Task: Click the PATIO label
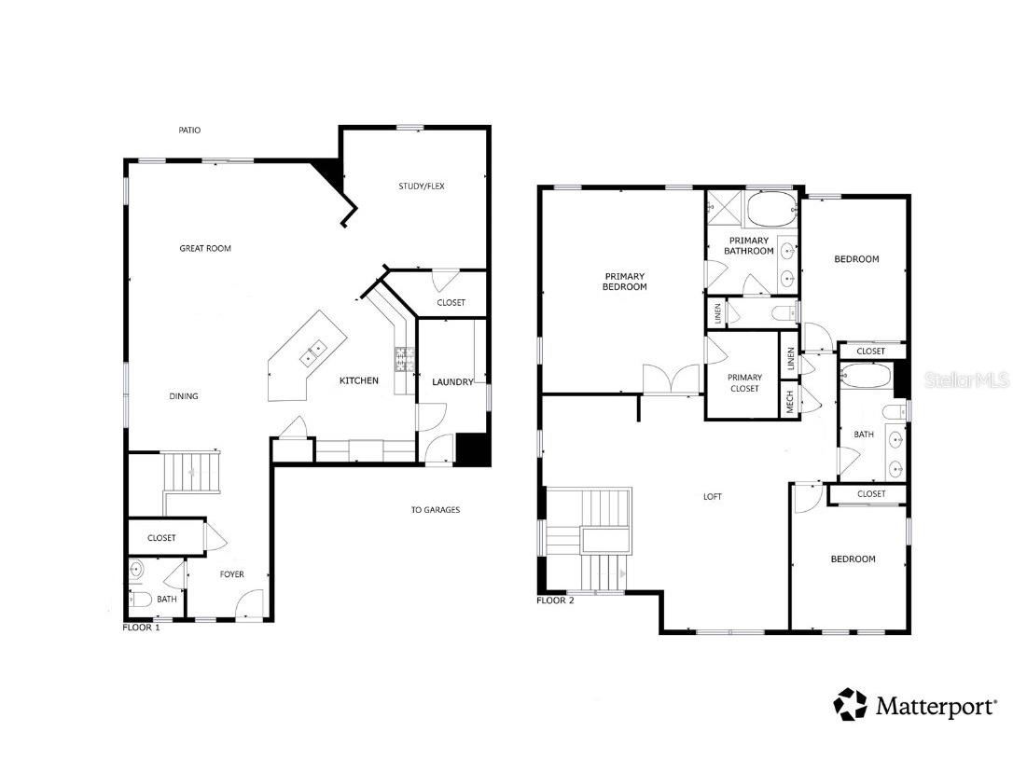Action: point(189,131)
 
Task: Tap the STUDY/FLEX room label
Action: point(422,186)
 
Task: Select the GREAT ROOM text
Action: point(205,249)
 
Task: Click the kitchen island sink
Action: point(312,352)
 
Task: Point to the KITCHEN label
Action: point(358,381)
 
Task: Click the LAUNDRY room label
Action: point(452,382)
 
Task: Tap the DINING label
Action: point(184,396)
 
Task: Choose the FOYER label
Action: point(231,574)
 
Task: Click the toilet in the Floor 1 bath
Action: point(139,600)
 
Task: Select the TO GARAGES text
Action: point(435,510)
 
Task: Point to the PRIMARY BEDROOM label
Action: point(625,282)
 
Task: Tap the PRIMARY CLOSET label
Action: point(744,383)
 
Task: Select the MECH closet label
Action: point(790,403)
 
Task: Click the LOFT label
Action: point(713,497)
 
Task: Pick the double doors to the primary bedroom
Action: point(671,380)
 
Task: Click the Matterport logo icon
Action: point(850,705)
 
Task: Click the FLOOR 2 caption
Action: point(555,600)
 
